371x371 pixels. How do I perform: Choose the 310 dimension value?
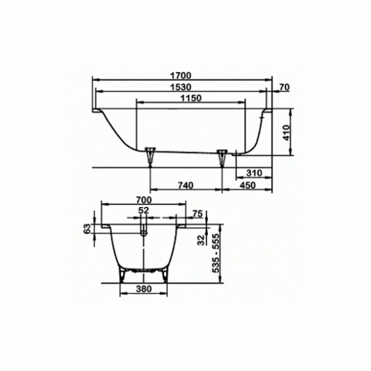(x=255, y=172)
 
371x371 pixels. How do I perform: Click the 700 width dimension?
(x=144, y=200)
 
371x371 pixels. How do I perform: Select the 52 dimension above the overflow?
(x=144, y=211)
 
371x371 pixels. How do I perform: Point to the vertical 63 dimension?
(x=87, y=229)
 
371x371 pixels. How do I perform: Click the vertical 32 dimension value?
(x=201, y=240)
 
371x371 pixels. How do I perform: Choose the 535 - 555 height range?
(x=217, y=251)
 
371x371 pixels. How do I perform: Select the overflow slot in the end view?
(x=144, y=233)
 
